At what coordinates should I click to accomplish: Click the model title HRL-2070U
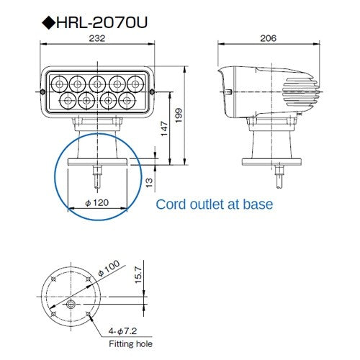click(104, 22)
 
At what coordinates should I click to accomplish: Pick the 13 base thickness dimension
click(149, 183)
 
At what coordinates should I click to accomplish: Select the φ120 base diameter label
click(96, 203)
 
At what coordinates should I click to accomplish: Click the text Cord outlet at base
click(215, 204)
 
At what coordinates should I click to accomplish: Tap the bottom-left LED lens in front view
click(68, 97)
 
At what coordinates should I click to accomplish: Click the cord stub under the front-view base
click(96, 175)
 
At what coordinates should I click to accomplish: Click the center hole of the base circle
click(70, 305)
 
